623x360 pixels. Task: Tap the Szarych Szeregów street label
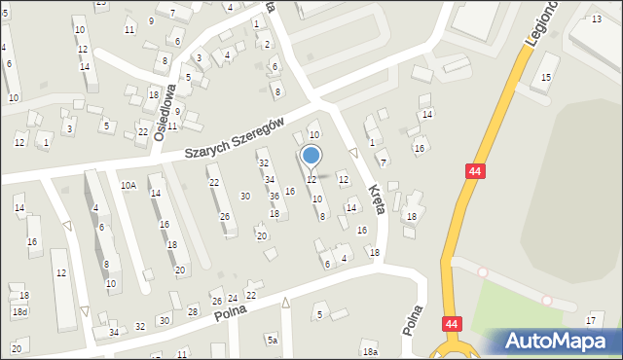[x=236, y=141]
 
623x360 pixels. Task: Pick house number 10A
[x=128, y=185]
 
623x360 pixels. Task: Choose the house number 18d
[x=19, y=311]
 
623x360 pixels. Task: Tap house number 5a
[x=273, y=340]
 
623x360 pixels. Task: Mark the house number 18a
[x=369, y=352]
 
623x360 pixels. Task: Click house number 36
[x=275, y=196]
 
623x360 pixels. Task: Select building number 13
[x=596, y=19]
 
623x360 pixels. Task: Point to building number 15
[x=546, y=77]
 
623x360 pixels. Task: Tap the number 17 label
[x=590, y=320]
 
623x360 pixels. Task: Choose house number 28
[x=193, y=311]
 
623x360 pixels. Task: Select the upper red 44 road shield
[x=474, y=171]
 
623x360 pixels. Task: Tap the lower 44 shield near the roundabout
[x=452, y=322]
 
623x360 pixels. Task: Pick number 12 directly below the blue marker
[x=311, y=180]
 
